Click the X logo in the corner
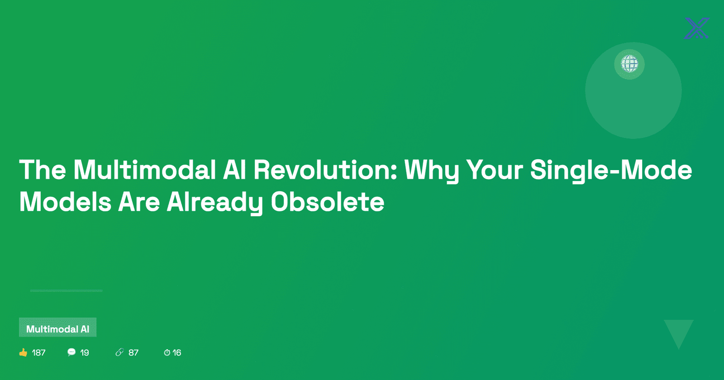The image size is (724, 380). [x=697, y=28]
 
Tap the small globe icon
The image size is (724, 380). [x=629, y=64]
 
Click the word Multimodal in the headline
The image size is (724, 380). [x=144, y=170]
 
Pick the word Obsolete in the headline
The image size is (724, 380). [x=328, y=202]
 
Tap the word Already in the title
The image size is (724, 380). [x=214, y=203]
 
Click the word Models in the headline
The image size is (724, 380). [x=65, y=202]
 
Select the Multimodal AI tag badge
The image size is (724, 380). [x=57, y=328]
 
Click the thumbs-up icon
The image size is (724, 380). [x=23, y=352]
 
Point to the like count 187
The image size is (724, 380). [x=39, y=352]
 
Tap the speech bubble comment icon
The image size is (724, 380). [x=71, y=352]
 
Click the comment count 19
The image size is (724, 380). [x=84, y=352]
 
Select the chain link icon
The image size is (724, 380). [x=119, y=352]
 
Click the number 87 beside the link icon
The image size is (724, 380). [x=133, y=352]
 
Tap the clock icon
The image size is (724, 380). [x=167, y=352]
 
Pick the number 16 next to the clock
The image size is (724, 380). [x=177, y=352]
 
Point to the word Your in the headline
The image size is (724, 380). [x=495, y=170]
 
